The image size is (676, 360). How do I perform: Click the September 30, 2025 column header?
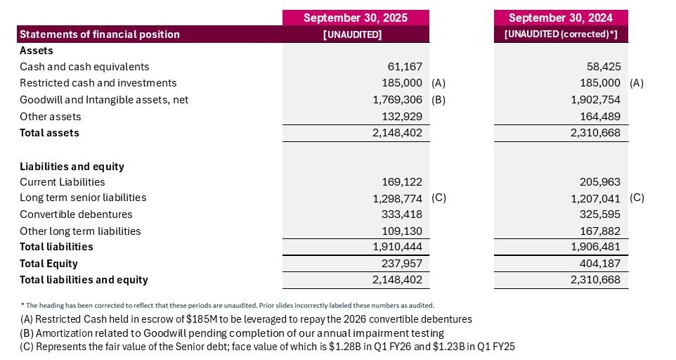pos(355,18)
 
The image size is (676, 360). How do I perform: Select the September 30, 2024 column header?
pos(561,18)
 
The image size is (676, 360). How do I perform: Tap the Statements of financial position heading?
pos(100,34)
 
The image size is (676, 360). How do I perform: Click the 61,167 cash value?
pos(403,67)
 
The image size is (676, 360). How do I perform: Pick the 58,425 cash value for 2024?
pos(603,67)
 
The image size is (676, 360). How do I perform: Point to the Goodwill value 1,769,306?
pos(397,100)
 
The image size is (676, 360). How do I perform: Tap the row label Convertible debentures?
pos(76,214)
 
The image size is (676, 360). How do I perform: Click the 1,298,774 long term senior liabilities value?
pos(397,198)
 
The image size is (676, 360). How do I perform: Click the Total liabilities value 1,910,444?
pos(397,247)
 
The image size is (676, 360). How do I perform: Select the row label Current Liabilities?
pos(63,181)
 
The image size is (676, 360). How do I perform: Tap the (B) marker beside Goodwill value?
pos(438,100)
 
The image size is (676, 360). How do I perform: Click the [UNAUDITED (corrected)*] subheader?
pos(561,34)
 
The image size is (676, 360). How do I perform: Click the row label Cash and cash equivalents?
pos(84,67)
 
